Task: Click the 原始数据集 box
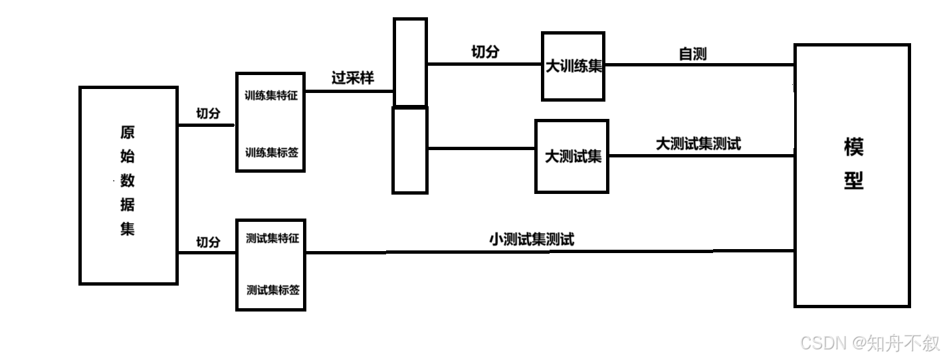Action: click(x=128, y=185)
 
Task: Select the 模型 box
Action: click(x=852, y=175)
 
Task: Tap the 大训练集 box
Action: click(x=573, y=66)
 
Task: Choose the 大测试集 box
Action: click(x=572, y=157)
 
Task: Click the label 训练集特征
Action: click(x=271, y=95)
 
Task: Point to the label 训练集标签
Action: click(x=271, y=152)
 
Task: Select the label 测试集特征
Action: click(x=272, y=238)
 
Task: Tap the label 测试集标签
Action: click(x=272, y=290)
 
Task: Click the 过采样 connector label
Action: click(x=353, y=78)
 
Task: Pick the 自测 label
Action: click(x=692, y=54)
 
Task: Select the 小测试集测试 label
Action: click(x=531, y=240)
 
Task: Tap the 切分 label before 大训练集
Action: click(x=484, y=52)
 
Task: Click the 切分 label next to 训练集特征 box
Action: click(x=208, y=114)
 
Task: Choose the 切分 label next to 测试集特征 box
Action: click(x=208, y=242)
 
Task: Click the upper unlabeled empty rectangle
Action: click(x=410, y=62)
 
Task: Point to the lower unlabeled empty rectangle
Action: click(x=410, y=150)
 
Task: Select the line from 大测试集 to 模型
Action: click(x=701, y=156)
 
